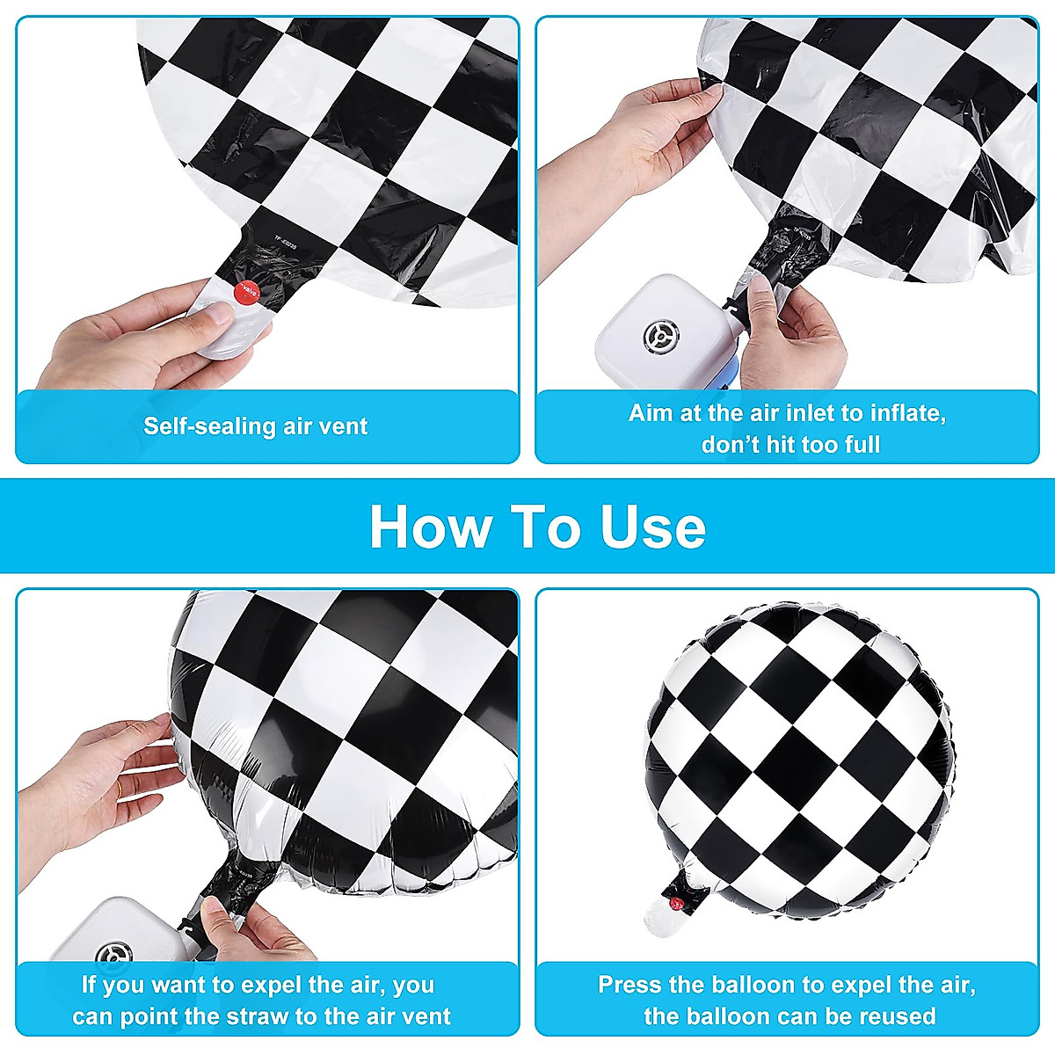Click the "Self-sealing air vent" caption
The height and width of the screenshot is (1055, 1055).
(x=255, y=426)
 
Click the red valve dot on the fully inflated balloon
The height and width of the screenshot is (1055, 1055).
(x=675, y=903)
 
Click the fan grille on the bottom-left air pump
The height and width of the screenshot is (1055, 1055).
(x=114, y=953)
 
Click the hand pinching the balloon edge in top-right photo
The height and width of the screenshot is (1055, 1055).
(x=659, y=132)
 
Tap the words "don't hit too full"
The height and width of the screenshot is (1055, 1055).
(x=789, y=445)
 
